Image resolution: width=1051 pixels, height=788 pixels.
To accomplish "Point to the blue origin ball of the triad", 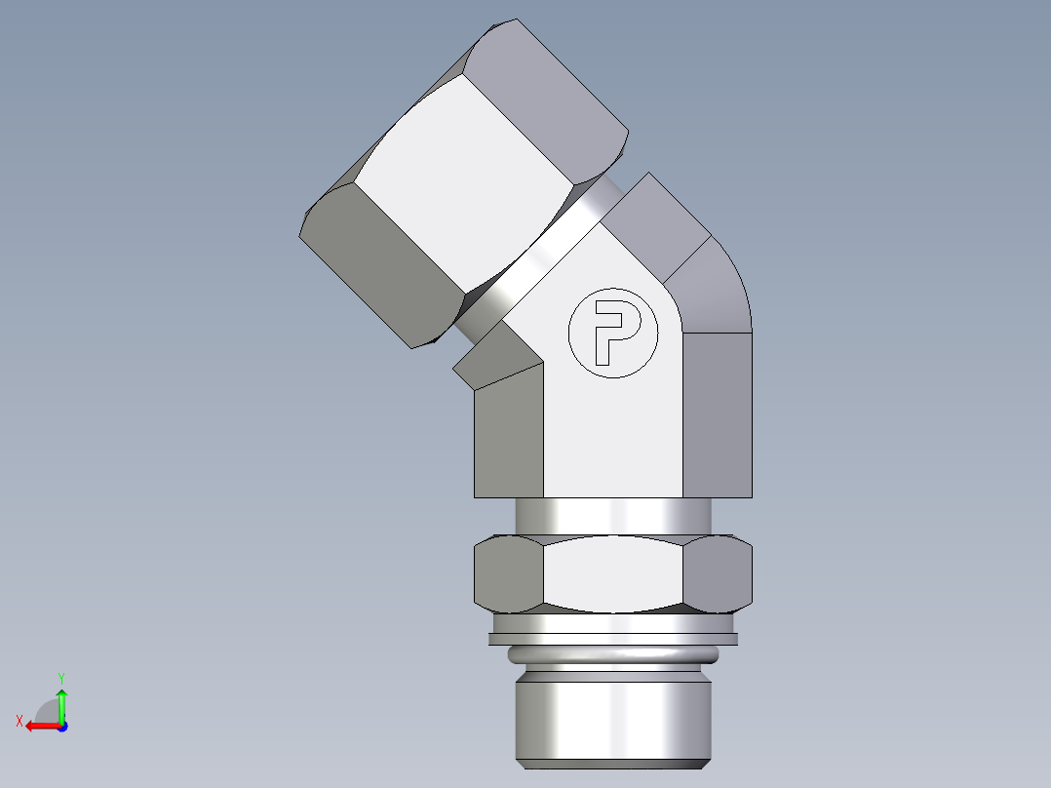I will click(x=61, y=726).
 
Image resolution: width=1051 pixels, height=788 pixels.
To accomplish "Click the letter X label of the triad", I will click(x=19, y=722).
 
